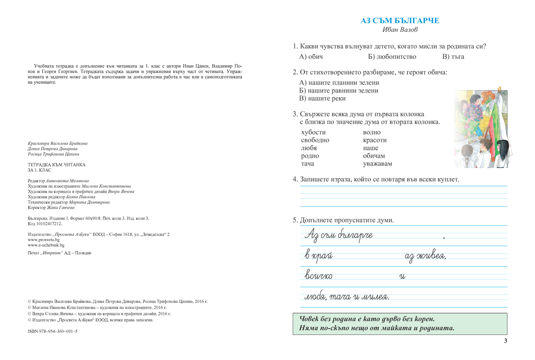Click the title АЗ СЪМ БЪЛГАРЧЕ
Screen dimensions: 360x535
coord(400,21)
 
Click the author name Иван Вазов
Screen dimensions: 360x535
coord(400,30)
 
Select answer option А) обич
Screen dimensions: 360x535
coord(311,57)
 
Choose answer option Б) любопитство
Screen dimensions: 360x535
coord(392,57)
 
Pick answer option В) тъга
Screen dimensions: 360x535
coord(453,57)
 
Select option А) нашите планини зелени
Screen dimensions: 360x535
coord(339,83)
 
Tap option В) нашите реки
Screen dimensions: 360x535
coord(322,99)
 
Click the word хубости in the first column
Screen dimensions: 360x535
coord(313,132)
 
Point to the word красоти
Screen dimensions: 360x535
coord(375,140)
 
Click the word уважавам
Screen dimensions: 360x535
coord(378,164)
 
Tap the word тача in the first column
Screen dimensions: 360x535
coord(308,164)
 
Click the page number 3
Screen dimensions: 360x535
coord(506,341)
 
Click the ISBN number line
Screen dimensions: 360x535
coord(53,331)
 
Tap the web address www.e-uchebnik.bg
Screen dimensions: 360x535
coord(46,245)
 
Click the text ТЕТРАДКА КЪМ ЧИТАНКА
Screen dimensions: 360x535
coord(56,165)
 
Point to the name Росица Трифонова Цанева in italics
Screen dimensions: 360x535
coord(53,154)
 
